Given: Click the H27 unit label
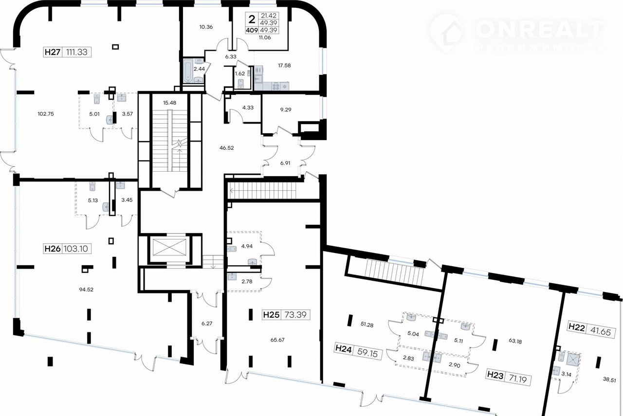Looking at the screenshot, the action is click(x=53, y=52).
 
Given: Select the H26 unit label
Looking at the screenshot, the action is click(x=53, y=249).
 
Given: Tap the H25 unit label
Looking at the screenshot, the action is click(x=271, y=315).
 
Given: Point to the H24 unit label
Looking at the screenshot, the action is click(x=344, y=349).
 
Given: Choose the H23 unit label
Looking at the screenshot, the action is click(x=495, y=376).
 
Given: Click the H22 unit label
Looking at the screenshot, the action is click(x=576, y=327).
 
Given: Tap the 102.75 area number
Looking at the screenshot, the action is click(x=46, y=114).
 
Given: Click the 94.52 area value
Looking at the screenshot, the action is click(x=86, y=289).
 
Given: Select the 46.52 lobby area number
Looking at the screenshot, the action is click(x=227, y=148).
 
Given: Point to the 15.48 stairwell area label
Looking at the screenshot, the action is click(x=170, y=103).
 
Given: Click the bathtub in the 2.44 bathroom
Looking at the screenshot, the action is click(x=188, y=71).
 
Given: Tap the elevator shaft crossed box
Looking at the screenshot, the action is click(x=170, y=247).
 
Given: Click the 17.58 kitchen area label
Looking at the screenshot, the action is click(x=284, y=65).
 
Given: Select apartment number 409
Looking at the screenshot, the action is click(x=252, y=30).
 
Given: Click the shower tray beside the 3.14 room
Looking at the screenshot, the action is click(x=573, y=360).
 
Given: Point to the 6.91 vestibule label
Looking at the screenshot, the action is click(x=285, y=163).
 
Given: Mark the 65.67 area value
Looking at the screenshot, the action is click(x=277, y=340).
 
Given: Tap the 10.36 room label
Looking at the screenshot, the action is click(x=206, y=27).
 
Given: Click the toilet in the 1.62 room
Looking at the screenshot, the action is click(x=241, y=83).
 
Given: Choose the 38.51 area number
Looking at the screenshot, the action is click(x=609, y=380).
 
